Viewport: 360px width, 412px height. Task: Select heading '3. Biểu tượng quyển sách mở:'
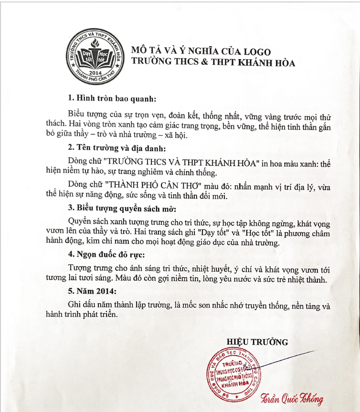pyautogui.click(x=122, y=209)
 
